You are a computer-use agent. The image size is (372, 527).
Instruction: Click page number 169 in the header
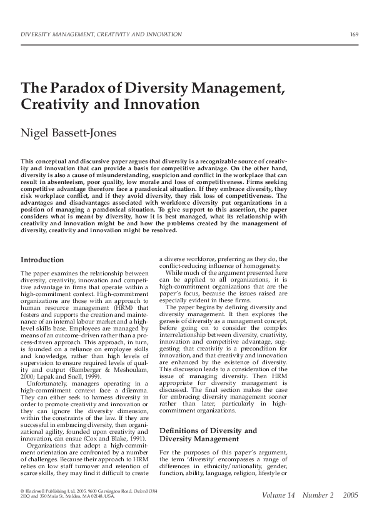pos(354,33)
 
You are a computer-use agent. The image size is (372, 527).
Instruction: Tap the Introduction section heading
pos(43,260)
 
